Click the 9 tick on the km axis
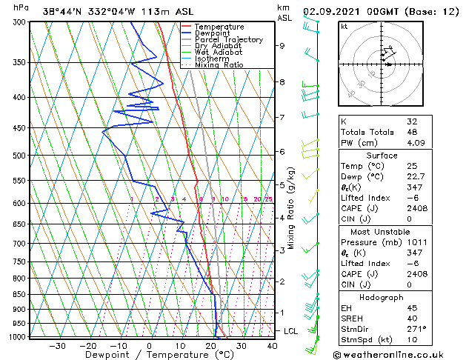click(282, 46)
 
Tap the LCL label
click(290, 331)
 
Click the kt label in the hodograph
click(344, 26)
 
